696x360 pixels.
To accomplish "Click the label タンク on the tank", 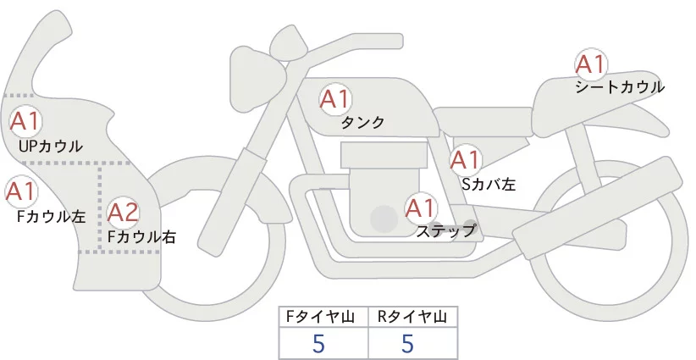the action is tap(362, 123).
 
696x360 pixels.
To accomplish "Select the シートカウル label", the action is tap(619, 86).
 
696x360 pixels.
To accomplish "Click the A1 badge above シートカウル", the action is tap(590, 64).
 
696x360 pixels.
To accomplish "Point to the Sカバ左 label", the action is tap(489, 182).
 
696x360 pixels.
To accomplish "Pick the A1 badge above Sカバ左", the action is tap(465, 159).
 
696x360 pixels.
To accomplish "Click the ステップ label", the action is tap(446, 230).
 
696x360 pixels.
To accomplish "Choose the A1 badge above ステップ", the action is tap(421, 207).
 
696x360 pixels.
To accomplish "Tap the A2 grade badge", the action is tap(123, 211).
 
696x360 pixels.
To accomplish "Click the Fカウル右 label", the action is tap(141, 237).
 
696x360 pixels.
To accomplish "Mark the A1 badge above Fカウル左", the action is tap(20, 191).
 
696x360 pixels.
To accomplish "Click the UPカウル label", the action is tap(51, 146).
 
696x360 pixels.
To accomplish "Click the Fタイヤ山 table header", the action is tap(323, 317).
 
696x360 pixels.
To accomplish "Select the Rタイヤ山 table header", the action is tap(412, 317).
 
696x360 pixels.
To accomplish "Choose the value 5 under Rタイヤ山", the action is tap(407, 344).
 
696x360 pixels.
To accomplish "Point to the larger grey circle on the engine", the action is tap(384, 219).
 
